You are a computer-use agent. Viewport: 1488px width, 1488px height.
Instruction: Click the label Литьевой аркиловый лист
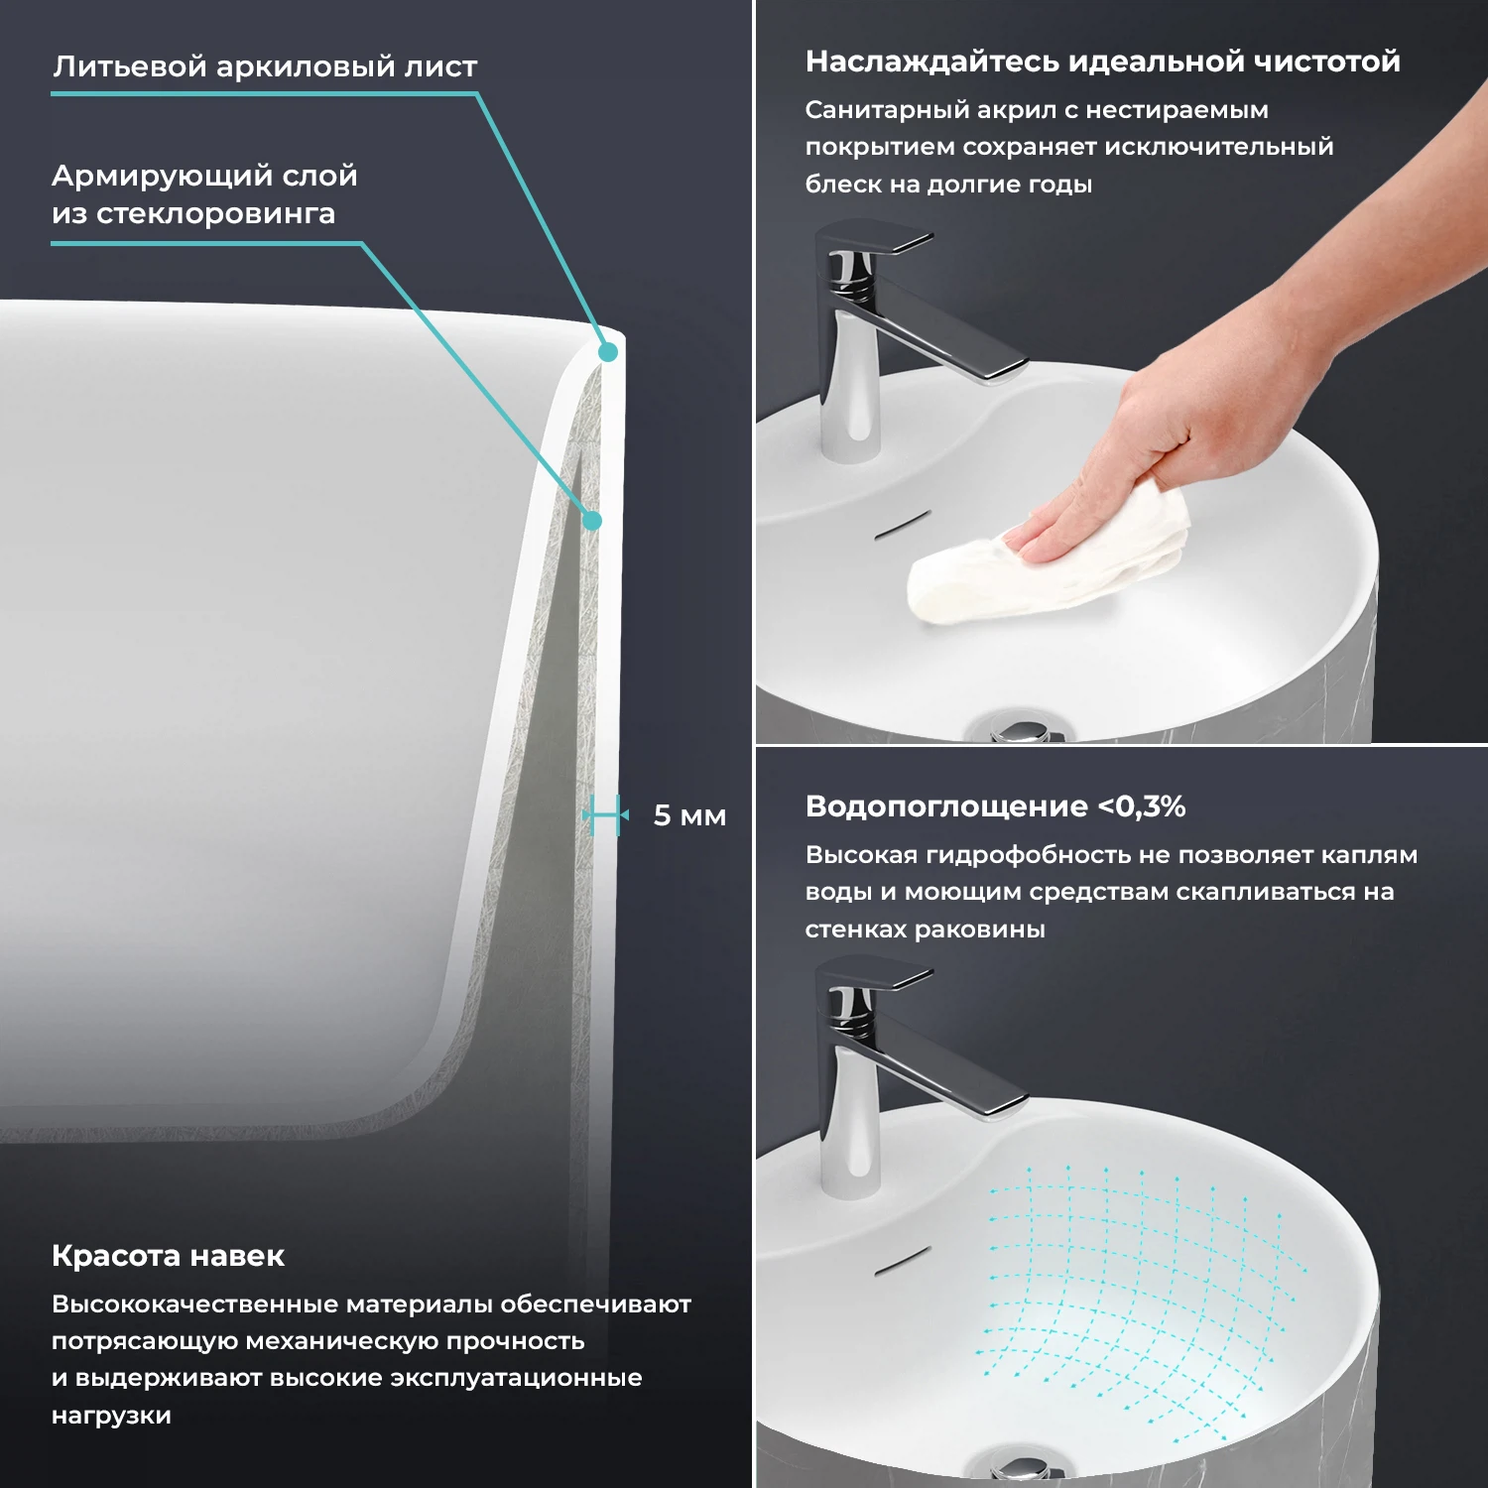pyautogui.click(x=265, y=66)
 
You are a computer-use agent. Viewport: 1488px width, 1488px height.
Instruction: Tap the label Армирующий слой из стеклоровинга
pyautogui.click(x=204, y=194)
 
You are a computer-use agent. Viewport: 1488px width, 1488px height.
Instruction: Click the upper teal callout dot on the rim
pyautogui.click(x=608, y=351)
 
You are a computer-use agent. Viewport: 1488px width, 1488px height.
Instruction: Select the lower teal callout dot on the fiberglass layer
pyautogui.click(x=592, y=520)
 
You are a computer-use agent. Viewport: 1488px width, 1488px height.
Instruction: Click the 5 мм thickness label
pyautogui.click(x=689, y=816)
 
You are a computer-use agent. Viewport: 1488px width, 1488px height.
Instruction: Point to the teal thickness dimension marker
pyautogui.click(x=605, y=815)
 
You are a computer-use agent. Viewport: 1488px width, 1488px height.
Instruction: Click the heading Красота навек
pyautogui.click(x=168, y=1256)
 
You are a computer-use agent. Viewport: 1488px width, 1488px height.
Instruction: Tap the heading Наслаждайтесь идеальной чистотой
pyautogui.click(x=1102, y=62)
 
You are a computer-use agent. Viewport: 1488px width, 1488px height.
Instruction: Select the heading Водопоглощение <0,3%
pyautogui.click(x=995, y=806)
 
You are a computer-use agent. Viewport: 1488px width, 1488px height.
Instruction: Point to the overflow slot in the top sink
pyautogui.click(x=902, y=525)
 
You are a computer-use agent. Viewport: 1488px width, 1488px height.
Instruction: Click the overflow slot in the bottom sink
pyautogui.click(x=902, y=1260)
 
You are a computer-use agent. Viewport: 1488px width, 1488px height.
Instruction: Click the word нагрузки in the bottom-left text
pyautogui.click(x=111, y=1416)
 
